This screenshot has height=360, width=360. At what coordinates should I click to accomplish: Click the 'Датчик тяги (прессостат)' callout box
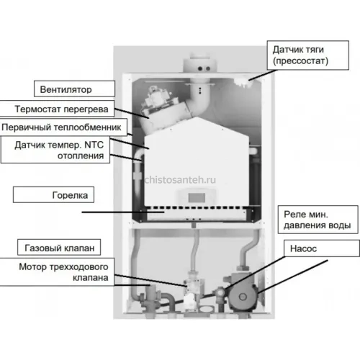[x=308, y=55]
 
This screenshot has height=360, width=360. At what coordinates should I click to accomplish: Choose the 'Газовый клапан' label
[x=59, y=247]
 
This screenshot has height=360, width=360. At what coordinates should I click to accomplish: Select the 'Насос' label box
[x=322, y=248]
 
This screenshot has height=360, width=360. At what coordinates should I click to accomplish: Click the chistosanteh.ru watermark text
[x=180, y=179]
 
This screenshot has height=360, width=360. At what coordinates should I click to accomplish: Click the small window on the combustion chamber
[x=197, y=198]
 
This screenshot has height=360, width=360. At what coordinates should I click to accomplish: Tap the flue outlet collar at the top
[x=199, y=65]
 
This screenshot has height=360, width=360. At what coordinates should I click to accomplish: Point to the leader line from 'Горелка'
[x=123, y=212]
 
